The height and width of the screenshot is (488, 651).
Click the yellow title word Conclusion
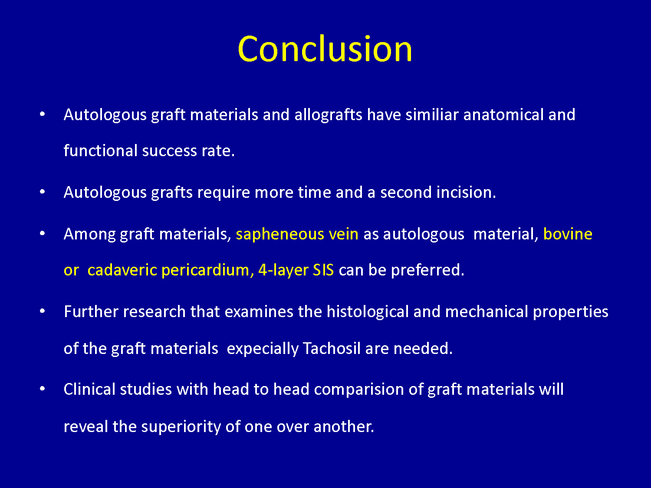(325, 49)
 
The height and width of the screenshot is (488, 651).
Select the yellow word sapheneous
(280, 235)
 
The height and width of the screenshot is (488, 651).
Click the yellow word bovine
(568, 234)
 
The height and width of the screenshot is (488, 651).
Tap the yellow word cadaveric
(122, 270)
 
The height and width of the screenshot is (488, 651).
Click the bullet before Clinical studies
(43, 388)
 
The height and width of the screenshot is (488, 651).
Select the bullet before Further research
(43, 311)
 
